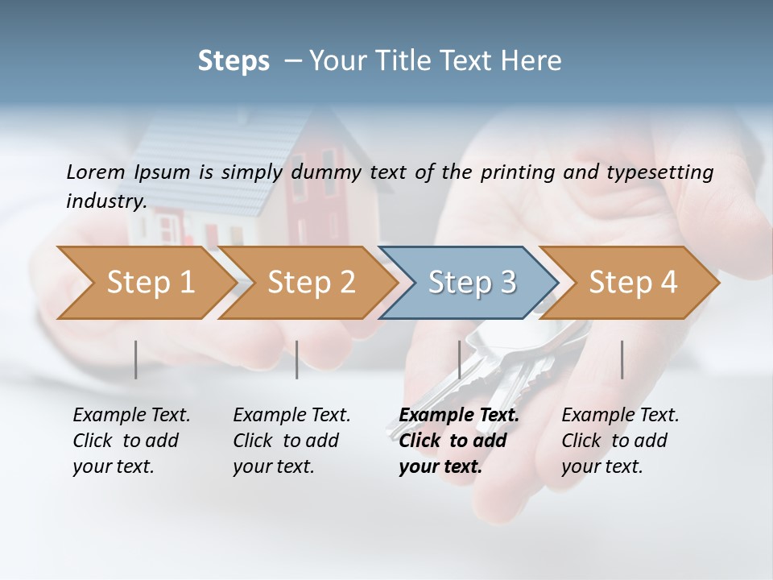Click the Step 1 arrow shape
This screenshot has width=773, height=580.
click(x=149, y=283)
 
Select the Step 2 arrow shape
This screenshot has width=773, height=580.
click(x=310, y=283)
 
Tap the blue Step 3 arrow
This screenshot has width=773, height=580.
click(x=470, y=283)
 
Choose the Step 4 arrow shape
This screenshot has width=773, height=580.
click(x=632, y=283)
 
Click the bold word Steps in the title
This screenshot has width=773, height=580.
click(x=234, y=61)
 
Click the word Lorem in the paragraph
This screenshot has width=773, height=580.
click(x=95, y=172)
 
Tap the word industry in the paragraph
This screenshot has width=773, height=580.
click(x=105, y=201)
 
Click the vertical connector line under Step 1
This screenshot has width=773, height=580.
click(x=135, y=359)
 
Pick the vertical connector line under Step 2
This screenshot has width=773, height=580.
click(x=297, y=359)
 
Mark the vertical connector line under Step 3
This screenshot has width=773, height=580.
click(x=459, y=359)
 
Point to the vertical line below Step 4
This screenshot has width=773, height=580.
click(x=622, y=359)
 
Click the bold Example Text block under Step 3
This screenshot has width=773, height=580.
click(x=457, y=441)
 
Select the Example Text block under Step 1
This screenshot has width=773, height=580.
click(x=130, y=441)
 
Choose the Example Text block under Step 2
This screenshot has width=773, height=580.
click(x=291, y=441)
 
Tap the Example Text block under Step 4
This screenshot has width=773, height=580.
click(x=619, y=441)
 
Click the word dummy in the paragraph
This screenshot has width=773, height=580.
click(x=326, y=172)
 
